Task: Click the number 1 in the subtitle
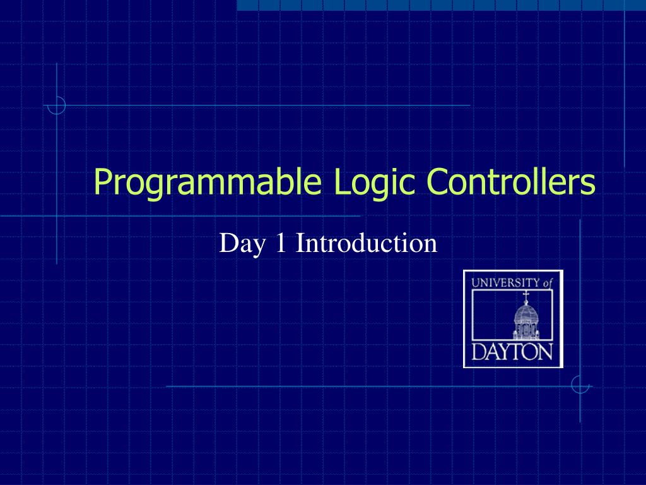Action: click(281, 242)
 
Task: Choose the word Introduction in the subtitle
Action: click(367, 242)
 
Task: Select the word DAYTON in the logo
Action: click(512, 352)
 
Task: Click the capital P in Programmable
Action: click(102, 183)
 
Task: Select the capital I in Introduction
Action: click(300, 242)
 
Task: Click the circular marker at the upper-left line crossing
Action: click(57, 105)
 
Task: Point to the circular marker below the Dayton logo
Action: click(580, 385)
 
